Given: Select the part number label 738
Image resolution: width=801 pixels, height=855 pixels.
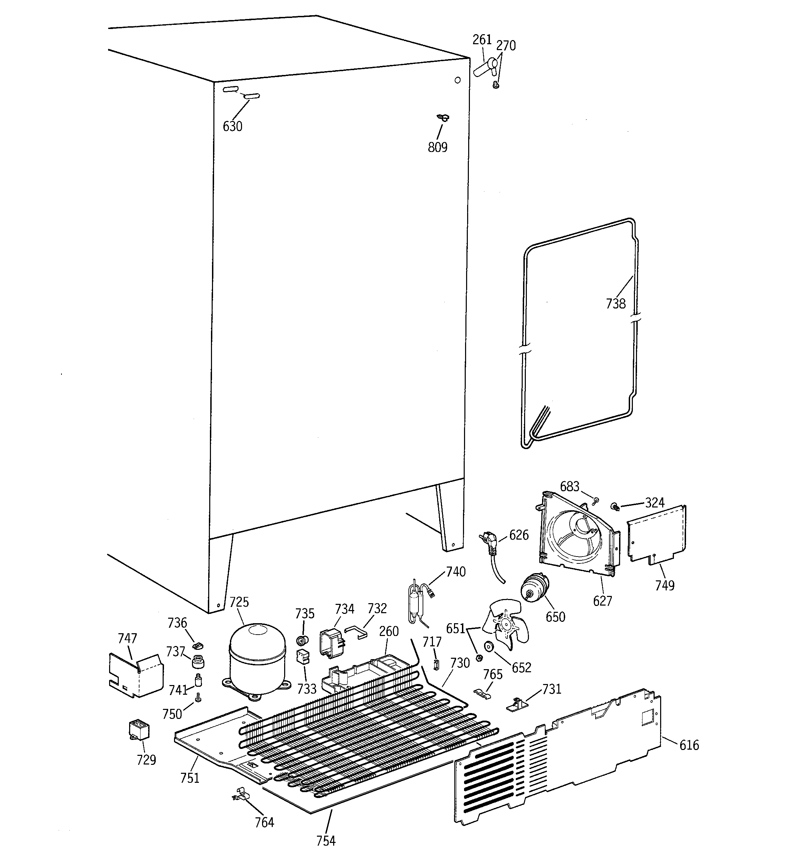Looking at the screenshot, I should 615,304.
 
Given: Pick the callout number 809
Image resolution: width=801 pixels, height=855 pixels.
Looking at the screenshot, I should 437,147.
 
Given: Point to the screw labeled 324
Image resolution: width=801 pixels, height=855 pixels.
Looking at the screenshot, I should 615,506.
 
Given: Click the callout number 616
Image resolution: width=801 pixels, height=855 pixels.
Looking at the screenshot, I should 689,744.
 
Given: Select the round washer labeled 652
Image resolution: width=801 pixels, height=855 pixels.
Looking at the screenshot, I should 489,646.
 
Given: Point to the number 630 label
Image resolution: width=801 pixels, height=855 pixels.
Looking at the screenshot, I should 232,126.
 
